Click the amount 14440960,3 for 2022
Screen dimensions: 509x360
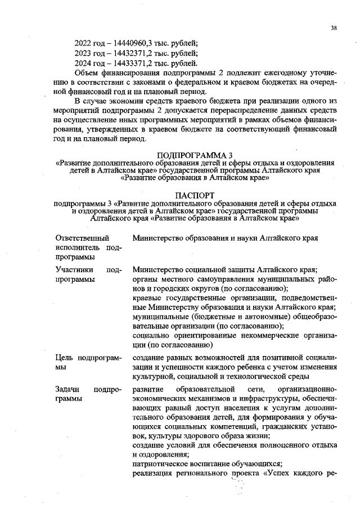coord(134,42)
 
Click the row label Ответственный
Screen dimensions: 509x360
coord(82,238)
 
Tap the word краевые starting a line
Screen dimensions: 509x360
coord(146,298)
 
